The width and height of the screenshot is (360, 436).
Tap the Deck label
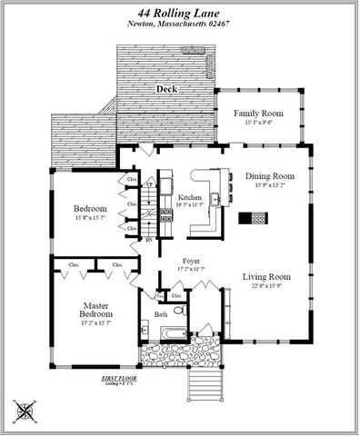click(x=166, y=89)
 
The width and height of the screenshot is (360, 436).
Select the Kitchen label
click(x=189, y=197)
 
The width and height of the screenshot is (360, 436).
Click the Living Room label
click(x=266, y=276)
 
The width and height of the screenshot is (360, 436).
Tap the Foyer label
click(x=191, y=260)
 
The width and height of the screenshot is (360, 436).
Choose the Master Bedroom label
click(x=95, y=310)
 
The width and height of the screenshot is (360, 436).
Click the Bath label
click(x=160, y=314)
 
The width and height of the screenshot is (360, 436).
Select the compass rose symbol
click(x=24, y=411)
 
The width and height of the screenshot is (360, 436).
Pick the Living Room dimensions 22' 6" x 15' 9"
click(x=266, y=287)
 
